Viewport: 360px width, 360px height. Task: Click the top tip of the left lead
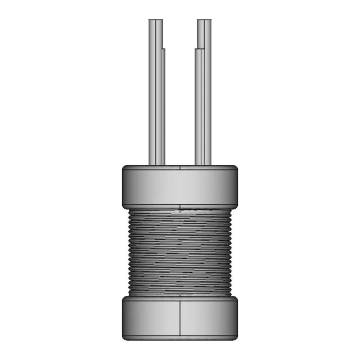tap(156, 21)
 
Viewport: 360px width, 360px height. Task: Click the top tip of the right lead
tap(204, 21)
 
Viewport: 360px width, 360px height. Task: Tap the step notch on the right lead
tap(196, 49)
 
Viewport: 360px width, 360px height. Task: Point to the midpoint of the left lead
tap(156, 93)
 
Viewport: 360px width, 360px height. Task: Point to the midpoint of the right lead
tap(203, 93)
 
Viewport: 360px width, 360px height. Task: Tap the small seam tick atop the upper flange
tap(179, 166)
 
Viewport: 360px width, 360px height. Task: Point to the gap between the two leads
tap(180, 93)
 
